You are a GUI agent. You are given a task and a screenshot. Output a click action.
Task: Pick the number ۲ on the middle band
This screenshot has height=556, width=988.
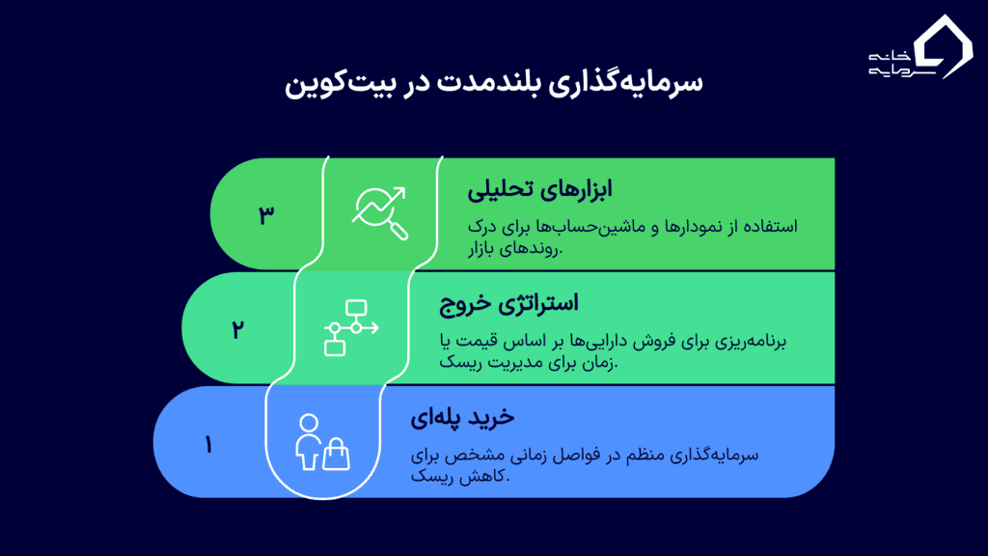pyautogui.click(x=237, y=328)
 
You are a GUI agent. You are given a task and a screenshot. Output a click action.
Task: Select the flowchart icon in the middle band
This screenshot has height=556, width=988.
pyautogui.click(x=350, y=327)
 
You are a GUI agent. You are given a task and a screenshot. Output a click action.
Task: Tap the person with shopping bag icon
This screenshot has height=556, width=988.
pyautogui.click(x=320, y=442)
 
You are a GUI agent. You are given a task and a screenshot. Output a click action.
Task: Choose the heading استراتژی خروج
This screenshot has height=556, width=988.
pyautogui.click(x=508, y=304)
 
